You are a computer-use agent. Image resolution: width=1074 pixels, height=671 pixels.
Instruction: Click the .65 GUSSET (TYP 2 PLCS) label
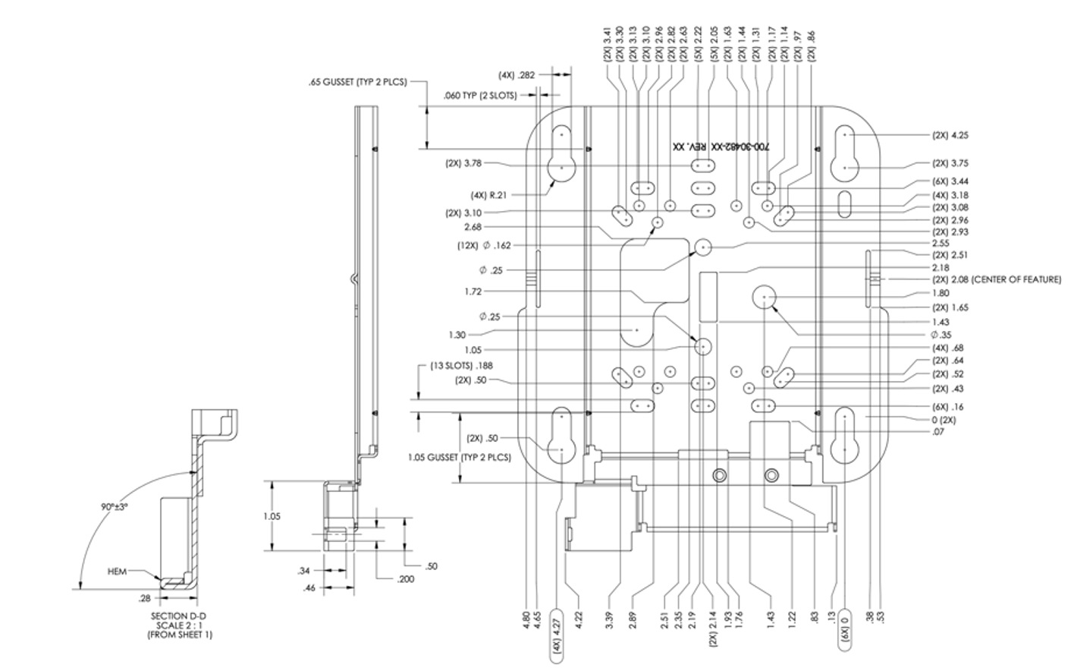click(x=358, y=82)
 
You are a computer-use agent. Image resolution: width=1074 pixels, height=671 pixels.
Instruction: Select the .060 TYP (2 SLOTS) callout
click(x=480, y=96)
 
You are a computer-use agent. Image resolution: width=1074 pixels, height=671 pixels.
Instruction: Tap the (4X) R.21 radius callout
click(x=488, y=194)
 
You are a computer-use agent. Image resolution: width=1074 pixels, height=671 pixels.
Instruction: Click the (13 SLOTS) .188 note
click(x=461, y=365)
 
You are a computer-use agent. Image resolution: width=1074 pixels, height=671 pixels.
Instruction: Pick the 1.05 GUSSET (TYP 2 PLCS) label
click(x=459, y=458)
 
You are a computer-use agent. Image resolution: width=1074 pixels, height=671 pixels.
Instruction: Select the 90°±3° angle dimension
click(x=115, y=506)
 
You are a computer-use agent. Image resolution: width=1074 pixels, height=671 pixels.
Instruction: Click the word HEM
click(x=116, y=571)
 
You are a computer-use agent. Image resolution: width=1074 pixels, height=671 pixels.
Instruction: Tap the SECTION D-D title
click(x=180, y=616)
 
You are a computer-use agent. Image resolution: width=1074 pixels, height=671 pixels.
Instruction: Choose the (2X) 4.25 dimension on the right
click(x=950, y=135)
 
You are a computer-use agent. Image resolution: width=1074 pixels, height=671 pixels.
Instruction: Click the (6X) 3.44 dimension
click(x=950, y=181)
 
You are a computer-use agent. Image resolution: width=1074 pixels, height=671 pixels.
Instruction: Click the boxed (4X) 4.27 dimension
click(x=557, y=631)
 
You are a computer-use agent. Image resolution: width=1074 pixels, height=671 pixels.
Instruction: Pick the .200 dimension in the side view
click(x=405, y=579)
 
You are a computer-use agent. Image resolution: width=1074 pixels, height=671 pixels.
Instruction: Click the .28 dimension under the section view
click(x=144, y=599)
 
